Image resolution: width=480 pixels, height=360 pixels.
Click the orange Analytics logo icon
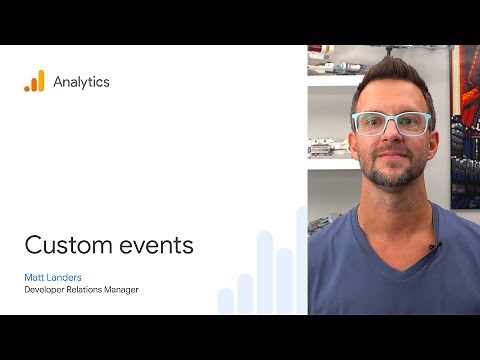pyautogui.click(x=34, y=82)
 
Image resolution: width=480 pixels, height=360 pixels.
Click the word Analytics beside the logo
pyautogui.click(x=81, y=82)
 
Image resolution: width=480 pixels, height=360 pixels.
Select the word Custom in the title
pyautogui.click(x=62, y=246)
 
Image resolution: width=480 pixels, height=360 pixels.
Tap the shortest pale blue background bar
pyautogui.click(x=226, y=301)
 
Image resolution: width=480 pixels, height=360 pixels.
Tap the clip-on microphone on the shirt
pyautogui.click(x=434, y=245)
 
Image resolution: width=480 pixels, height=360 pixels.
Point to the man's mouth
pyautogui.click(x=391, y=165)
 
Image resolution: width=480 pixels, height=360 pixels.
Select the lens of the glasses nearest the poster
pyautogui.click(x=412, y=124)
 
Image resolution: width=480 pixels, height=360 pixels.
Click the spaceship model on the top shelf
pyautogui.click(x=335, y=66)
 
